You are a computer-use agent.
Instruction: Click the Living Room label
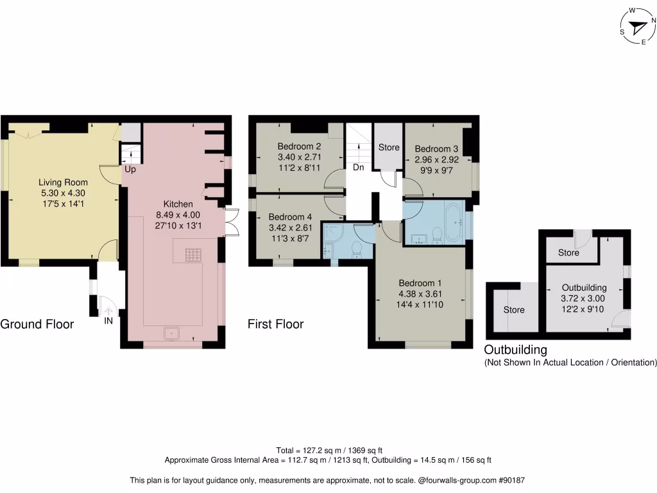pos(64,182)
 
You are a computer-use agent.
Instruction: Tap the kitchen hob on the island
pos(193,254)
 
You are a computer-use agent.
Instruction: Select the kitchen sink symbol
pos(171,333)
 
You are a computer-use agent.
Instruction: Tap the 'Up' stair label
pos(130,169)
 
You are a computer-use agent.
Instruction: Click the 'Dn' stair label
pos(358,168)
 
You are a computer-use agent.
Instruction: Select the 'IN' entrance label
pos(108,321)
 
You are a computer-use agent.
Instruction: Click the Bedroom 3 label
pos(436,149)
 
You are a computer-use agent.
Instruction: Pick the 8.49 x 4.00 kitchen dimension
pos(178,214)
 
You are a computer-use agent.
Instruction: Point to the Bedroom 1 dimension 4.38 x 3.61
pos(420,294)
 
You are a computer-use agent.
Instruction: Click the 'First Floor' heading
pos(275,324)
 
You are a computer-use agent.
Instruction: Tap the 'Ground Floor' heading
pos(37,324)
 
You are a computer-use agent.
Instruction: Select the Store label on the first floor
pos(389,147)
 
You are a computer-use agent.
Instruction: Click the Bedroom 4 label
pos(290,217)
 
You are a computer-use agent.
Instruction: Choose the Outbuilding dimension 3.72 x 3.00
pos(583,298)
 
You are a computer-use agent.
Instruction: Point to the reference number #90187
pos(511,480)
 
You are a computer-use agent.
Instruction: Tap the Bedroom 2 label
pos(299,146)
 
